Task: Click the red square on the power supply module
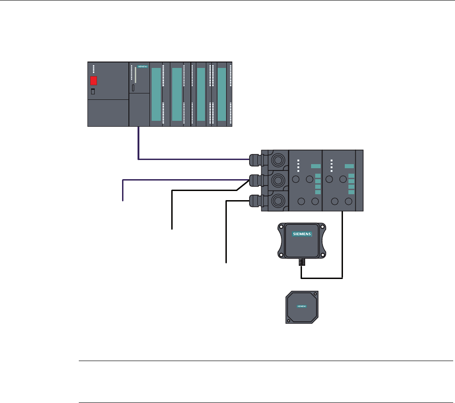coord(93,81)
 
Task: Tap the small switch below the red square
coord(93,92)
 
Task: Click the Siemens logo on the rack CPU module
coord(142,67)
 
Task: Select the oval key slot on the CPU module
coord(133,88)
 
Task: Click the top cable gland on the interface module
coord(255,160)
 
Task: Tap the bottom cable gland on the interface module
coord(255,200)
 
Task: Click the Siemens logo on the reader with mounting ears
coord(302,234)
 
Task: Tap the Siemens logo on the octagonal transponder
coord(302,307)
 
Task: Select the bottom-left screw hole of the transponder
coord(289,320)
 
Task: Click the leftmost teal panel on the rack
coord(156,94)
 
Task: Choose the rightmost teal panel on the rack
coord(222,94)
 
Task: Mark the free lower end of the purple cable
coord(123,200)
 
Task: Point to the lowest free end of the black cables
coord(226,262)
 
